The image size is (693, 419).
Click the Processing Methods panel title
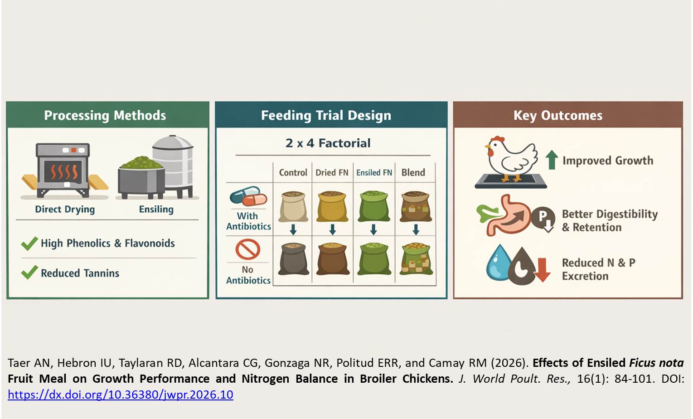tap(105, 116)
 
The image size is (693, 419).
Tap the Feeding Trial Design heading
tap(326, 116)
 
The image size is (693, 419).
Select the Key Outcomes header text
tap(557, 116)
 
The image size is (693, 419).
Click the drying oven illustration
tap(63, 170)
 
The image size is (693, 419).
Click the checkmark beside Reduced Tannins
tap(29, 273)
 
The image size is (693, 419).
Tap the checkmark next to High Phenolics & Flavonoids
tap(29, 243)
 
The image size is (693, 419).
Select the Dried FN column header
tap(332, 172)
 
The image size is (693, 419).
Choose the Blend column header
tap(413, 172)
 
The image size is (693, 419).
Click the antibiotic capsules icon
tap(247, 196)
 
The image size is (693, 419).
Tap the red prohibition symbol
tap(247, 249)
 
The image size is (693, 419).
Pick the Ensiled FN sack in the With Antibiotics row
tap(373, 206)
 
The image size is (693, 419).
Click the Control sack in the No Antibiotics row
tap(293, 259)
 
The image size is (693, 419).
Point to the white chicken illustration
tap(510, 156)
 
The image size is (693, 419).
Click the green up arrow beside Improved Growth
tap(551, 160)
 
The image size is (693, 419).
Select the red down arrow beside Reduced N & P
tap(542, 269)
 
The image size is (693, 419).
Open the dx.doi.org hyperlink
tap(121, 395)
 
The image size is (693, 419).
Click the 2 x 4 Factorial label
tap(328, 143)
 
